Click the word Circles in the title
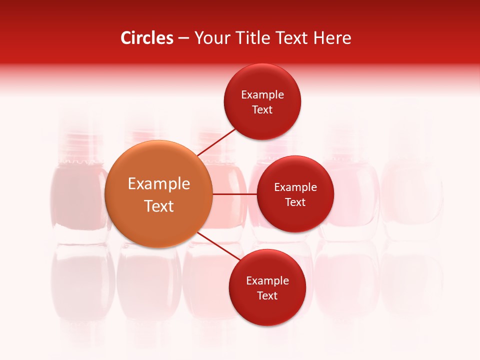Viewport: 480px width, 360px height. coord(146,38)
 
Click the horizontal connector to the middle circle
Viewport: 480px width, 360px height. coord(234,194)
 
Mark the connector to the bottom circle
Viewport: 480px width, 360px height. coord(218,247)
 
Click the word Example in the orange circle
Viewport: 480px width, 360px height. coord(159,184)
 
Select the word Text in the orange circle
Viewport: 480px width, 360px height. coord(159,206)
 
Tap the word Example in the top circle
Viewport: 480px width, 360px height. coord(262,95)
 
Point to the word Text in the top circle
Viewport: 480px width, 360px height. coord(262,110)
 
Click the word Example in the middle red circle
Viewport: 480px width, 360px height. coord(295,187)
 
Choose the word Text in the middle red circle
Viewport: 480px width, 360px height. coord(295,202)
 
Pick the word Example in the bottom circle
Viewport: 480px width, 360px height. coord(267,281)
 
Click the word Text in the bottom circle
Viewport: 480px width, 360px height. coord(267,295)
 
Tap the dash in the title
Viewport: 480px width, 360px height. coord(183,38)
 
